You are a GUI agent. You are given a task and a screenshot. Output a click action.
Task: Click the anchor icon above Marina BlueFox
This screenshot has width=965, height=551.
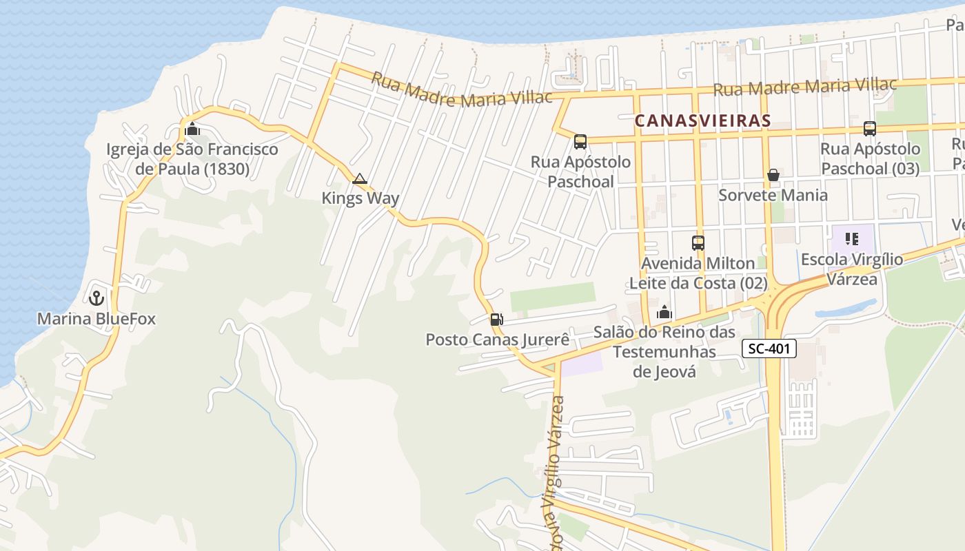(x=96, y=298)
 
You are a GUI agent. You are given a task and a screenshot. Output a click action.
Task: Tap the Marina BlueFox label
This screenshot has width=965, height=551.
(x=96, y=319)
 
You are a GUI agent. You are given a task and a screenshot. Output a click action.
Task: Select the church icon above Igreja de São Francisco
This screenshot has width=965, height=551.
(x=192, y=129)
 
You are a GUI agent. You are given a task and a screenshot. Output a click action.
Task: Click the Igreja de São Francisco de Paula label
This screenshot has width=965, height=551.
(x=192, y=159)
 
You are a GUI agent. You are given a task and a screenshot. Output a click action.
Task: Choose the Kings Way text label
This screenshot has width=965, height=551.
(x=360, y=198)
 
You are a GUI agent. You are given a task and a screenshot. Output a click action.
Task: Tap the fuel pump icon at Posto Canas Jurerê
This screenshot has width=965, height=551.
(x=496, y=320)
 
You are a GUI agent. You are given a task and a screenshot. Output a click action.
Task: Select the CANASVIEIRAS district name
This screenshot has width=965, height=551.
(x=702, y=121)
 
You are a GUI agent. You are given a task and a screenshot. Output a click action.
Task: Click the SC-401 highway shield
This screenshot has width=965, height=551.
(x=769, y=349)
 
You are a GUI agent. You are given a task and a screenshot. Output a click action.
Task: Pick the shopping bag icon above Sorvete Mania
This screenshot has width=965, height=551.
(x=773, y=176)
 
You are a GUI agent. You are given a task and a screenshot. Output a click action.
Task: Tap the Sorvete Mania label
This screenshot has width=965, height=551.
(x=773, y=195)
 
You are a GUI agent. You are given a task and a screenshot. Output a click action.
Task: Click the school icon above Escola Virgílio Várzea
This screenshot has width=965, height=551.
(x=852, y=240)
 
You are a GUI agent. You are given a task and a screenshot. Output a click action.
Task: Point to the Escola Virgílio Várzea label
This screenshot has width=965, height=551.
(x=852, y=269)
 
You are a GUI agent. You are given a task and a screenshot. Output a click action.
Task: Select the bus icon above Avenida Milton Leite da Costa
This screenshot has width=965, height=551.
(x=698, y=243)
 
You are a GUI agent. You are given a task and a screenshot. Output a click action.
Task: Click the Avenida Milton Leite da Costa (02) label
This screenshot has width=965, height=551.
(x=698, y=273)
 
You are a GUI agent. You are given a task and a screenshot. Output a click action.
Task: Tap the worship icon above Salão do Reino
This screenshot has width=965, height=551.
(x=664, y=313)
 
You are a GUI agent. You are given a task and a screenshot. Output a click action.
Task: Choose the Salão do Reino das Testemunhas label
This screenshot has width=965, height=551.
(x=664, y=352)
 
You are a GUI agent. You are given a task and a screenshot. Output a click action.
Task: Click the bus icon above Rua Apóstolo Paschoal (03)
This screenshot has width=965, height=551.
(x=870, y=129)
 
